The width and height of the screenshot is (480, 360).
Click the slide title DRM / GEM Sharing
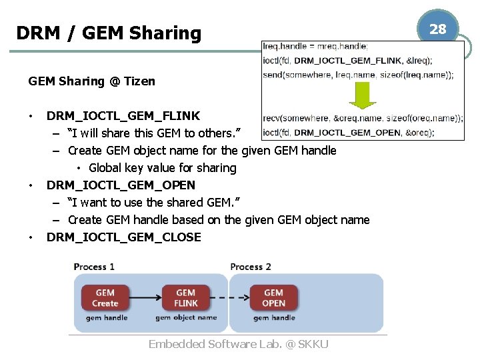point(108,33)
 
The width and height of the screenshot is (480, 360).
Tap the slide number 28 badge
point(437,29)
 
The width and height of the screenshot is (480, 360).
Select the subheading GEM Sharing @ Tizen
point(91,81)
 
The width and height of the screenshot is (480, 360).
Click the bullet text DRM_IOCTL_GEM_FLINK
point(123,116)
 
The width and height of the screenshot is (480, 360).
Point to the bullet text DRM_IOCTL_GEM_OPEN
point(121,185)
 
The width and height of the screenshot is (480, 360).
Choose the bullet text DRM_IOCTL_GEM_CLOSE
point(123,237)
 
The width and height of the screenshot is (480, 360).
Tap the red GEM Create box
point(105,298)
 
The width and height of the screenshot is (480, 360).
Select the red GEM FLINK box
point(186,298)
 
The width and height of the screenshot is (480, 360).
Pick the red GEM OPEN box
point(273,298)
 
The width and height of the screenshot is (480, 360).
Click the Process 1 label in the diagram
point(94,267)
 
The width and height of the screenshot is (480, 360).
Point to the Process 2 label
point(251,267)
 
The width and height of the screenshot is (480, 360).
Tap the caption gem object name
point(186,318)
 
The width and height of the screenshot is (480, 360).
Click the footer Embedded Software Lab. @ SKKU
point(238,344)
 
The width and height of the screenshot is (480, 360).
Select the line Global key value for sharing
point(162,168)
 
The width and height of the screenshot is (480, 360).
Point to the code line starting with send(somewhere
point(358,75)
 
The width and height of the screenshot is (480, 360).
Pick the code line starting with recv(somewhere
point(363,119)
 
